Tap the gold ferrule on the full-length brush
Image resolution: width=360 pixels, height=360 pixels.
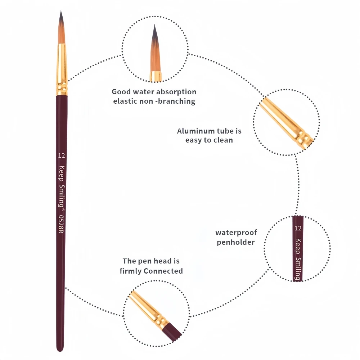[62, 68]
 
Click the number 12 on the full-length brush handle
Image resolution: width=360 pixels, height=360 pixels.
[61, 156]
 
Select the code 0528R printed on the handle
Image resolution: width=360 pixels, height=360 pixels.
[61, 224]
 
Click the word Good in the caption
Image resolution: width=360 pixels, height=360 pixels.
[121, 92]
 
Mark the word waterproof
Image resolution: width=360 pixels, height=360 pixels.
[236, 233]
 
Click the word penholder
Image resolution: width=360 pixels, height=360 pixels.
[236, 242]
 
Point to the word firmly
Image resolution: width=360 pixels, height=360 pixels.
[131, 271]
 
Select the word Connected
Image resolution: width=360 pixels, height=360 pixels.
[163, 271]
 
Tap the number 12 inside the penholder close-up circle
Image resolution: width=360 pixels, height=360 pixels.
[298, 228]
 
